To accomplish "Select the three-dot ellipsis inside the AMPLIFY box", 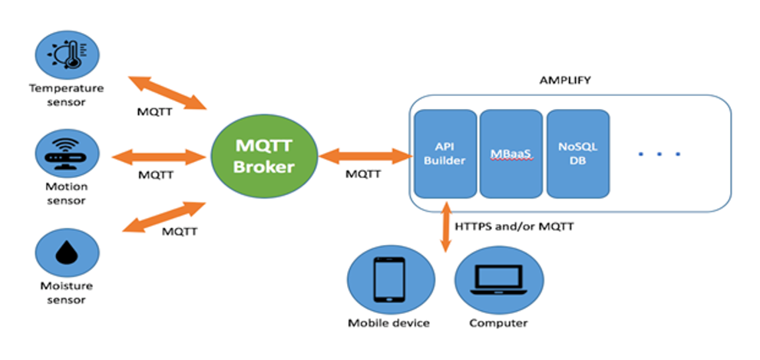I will coord(659,154).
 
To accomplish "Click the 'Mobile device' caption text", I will coord(388,323).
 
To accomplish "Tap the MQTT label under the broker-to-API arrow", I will coord(362,174).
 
